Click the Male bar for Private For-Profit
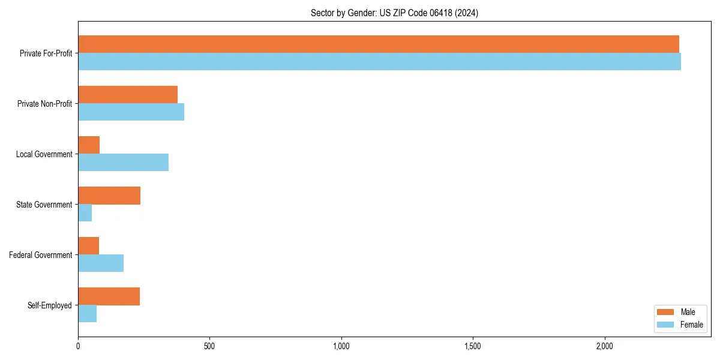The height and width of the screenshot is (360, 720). (378, 44)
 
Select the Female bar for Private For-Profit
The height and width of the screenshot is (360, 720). (379, 62)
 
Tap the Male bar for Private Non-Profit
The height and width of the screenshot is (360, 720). (128, 95)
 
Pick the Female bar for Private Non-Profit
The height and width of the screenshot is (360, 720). (131, 112)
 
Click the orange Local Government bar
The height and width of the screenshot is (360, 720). (89, 145)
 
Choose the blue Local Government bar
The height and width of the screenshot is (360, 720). (123, 163)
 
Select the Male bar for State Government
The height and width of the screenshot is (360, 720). (109, 196)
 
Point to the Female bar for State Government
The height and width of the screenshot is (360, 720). (85, 213)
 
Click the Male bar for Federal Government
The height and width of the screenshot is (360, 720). (88, 246)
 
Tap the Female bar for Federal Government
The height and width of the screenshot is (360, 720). (101, 263)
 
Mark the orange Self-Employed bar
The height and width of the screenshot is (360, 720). (109, 296)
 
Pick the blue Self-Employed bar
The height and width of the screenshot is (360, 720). (87, 314)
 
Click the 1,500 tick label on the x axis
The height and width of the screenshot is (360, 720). (473, 346)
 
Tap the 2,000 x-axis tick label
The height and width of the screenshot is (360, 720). (604, 346)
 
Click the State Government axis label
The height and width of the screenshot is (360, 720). (44, 205)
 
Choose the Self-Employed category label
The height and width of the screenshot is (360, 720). (49, 305)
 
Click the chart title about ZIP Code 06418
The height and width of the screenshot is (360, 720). (394, 13)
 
